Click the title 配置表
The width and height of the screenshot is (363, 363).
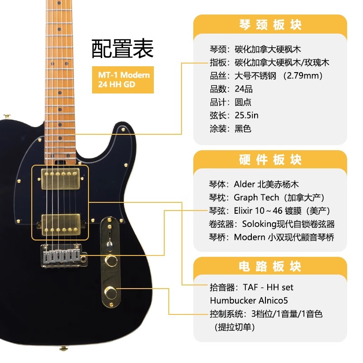(x=123, y=49)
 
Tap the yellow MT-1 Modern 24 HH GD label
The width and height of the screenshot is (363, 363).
(x=121, y=79)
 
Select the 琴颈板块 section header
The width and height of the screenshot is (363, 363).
(x=270, y=25)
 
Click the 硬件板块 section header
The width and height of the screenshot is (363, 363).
(x=270, y=160)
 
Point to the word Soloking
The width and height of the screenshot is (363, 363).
(x=260, y=224)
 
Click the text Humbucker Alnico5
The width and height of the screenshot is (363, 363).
(x=249, y=300)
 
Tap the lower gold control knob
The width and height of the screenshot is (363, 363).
(x=110, y=291)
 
